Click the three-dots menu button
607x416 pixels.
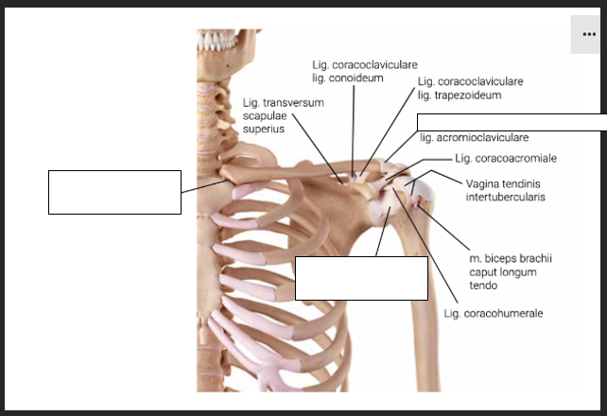tap(589, 34)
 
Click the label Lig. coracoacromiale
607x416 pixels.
tap(506, 158)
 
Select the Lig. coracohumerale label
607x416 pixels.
tap(494, 313)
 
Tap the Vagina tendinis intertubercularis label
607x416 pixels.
tap(505, 190)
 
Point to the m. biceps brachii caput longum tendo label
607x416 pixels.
tap(511, 272)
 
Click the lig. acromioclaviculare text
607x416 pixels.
tap(475, 137)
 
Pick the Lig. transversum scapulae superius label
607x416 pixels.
tap(284, 115)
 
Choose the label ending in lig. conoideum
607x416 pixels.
tap(365, 71)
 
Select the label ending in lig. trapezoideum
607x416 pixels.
tap(470, 88)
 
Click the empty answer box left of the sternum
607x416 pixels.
tap(114, 192)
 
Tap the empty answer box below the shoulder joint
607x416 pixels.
tap(361, 278)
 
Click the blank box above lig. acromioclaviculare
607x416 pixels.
tap(512, 122)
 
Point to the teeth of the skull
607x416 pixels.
tap(217, 41)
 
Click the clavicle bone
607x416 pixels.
tap(302, 170)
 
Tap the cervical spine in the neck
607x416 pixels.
tap(211, 124)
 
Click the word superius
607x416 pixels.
tap(264, 129)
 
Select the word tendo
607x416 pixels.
tap(483, 286)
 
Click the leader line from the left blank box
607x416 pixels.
tap(204, 186)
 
